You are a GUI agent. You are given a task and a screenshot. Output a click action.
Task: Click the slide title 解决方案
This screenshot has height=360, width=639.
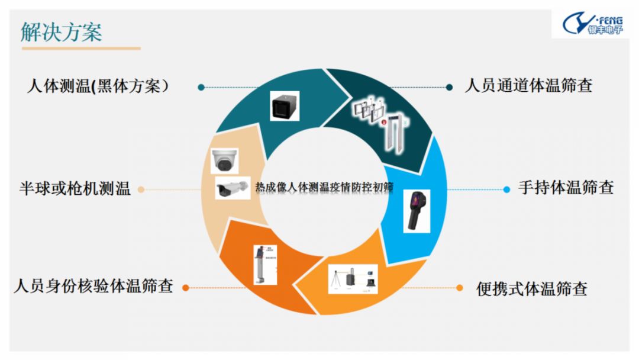click(62, 31)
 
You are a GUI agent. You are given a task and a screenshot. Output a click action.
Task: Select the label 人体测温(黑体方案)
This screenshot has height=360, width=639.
click(98, 86)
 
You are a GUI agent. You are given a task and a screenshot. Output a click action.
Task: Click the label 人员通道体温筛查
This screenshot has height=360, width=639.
click(528, 86)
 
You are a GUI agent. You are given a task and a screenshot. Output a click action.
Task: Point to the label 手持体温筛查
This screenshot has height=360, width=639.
click(566, 188)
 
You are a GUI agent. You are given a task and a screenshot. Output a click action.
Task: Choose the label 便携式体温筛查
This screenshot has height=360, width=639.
click(532, 289)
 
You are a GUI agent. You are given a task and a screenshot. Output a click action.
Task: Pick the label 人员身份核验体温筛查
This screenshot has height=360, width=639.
click(93, 287)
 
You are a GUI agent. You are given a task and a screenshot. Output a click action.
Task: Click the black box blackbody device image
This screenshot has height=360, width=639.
click(284, 106)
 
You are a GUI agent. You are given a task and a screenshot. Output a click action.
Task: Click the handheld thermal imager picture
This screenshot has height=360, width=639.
click(416, 211)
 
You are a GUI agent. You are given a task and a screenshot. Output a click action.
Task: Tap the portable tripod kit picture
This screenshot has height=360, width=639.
click(353, 279)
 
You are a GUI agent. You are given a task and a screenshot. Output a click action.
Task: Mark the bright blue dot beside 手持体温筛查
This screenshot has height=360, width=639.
click(506, 189)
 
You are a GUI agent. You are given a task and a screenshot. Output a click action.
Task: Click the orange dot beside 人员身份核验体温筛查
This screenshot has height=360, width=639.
click(185, 288)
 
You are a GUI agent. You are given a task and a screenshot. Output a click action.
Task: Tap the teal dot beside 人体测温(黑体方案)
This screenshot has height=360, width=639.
click(201, 87)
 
